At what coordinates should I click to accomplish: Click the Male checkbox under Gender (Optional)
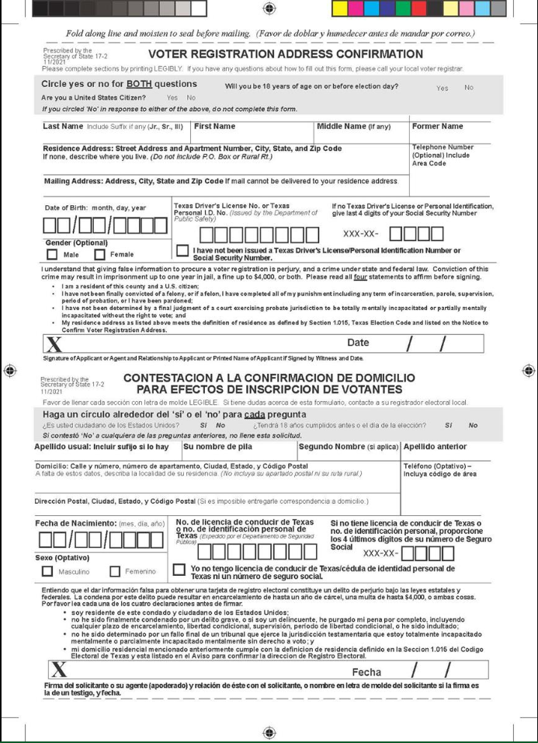point(52,254)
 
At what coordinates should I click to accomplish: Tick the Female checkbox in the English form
point(101,254)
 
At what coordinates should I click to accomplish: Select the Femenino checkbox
point(115,572)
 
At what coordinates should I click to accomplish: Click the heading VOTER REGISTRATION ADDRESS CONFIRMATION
point(285,54)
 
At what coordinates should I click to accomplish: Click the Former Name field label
point(437,126)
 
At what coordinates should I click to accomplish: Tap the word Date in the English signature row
point(359,342)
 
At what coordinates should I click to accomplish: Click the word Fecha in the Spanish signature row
point(367,671)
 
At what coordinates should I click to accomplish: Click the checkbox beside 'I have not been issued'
point(182,250)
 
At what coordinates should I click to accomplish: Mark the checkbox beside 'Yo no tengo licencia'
point(179,570)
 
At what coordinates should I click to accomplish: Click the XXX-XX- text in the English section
point(360,232)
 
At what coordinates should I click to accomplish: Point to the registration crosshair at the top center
point(269,8)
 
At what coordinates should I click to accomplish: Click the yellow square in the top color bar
point(340,9)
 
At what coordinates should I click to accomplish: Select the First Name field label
point(215,126)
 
